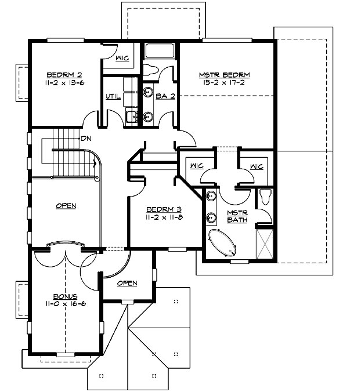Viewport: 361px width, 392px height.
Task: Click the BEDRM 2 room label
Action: pos(64,75)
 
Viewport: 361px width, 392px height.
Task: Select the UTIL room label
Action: pos(113,96)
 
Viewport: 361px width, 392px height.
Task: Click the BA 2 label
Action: pos(165,96)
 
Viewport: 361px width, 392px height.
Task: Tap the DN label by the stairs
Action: pos(86,139)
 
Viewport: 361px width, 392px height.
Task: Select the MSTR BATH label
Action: pos(237,217)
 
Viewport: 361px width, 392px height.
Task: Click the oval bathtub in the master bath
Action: pos(223,243)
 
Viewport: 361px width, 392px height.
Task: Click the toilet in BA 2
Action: pos(150,70)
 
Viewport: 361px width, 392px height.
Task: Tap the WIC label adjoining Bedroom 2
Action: pos(122,58)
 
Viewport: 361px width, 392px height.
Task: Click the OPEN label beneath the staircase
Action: pos(66,205)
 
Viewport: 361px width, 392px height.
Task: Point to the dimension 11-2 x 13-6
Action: pos(64,82)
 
